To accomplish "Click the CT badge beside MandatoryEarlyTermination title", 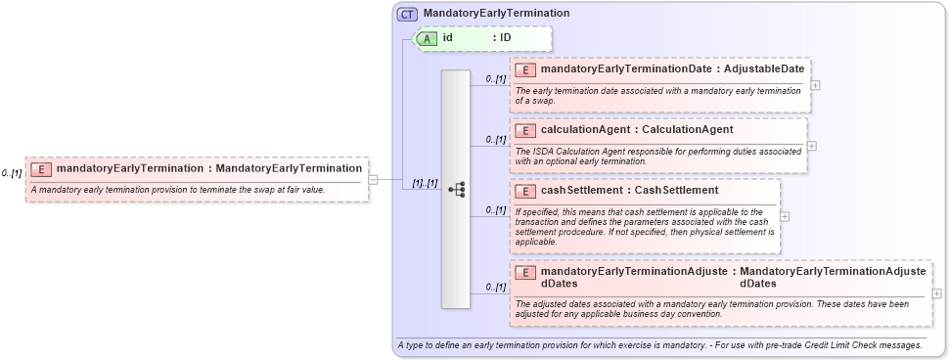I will (x=407, y=14).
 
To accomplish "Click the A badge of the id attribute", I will (x=428, y=38).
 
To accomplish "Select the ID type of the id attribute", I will (x=505, y=38).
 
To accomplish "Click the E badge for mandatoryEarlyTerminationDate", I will (x=525, y=69).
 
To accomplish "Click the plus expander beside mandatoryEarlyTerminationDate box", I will (x=815, y=85).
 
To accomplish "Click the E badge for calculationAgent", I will (x=525, y=129).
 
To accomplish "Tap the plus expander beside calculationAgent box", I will (x=811, y=146).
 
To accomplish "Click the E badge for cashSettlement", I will (x=525, y=190).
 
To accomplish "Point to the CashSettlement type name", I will (x=670, y=190).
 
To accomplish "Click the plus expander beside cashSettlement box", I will (x=785, y=216).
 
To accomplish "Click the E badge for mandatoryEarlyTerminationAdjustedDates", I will (x=525, y=272).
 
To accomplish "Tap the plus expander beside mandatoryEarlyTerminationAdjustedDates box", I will (x=936, y=293).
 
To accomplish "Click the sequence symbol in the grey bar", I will (x=456, y=191).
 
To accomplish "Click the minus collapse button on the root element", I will (x=373, y=179).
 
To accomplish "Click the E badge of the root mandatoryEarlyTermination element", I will (x=42, y=168).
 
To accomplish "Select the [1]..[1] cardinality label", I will (x=424, y=183).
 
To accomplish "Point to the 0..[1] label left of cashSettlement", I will (x=496, y=209).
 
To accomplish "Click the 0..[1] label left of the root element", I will (x=12, y=173).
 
